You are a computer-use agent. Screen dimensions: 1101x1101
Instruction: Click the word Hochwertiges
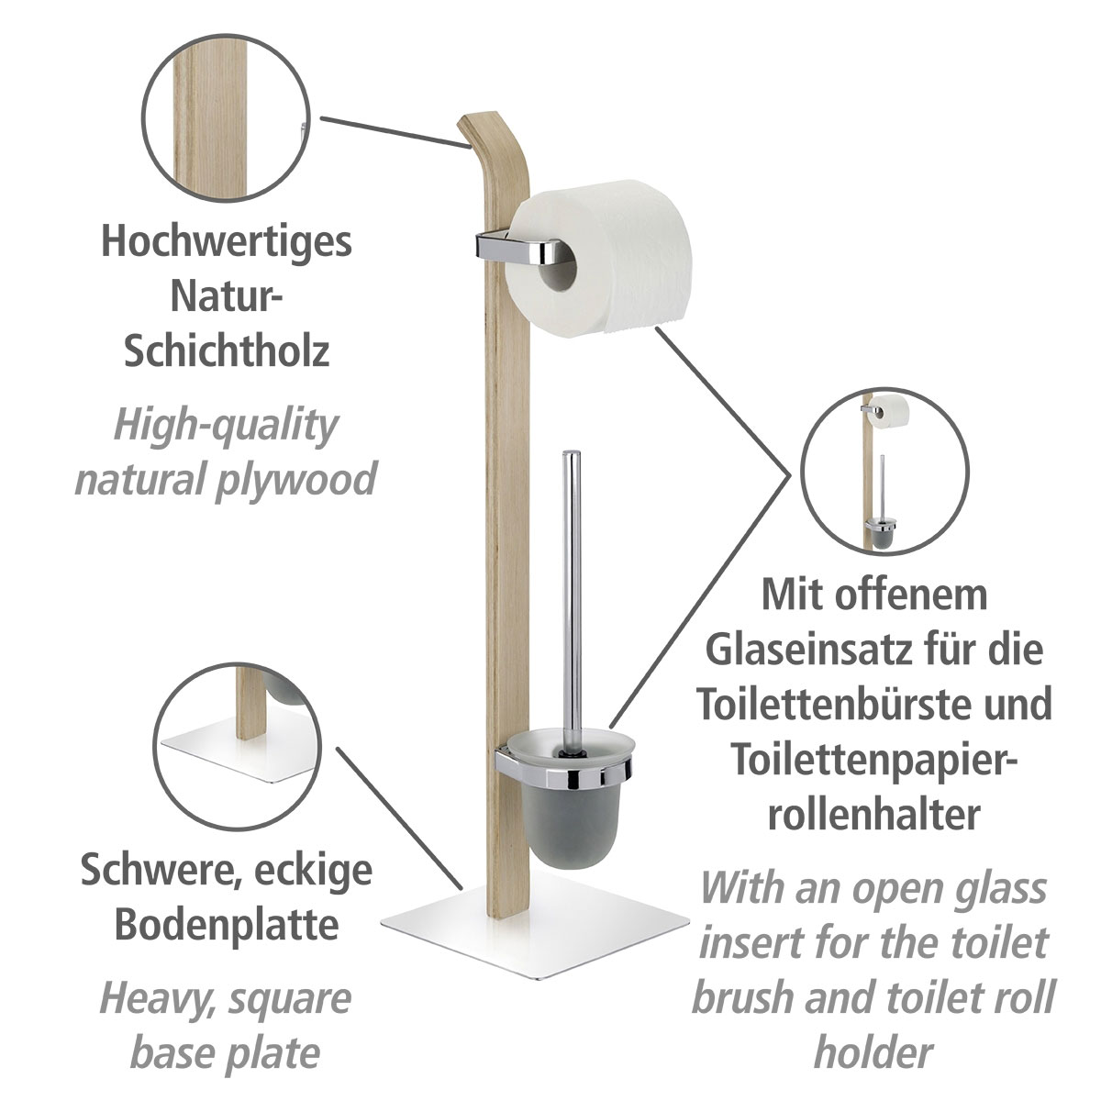tap(226, 242)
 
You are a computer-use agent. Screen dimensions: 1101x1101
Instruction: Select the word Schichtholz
tap(226, 351)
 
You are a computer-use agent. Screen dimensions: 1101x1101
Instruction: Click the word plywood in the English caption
tap(297, 478)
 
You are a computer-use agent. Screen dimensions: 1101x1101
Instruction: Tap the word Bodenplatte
tap(226, 926)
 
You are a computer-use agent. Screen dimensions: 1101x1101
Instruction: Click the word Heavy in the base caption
tap(151, 997)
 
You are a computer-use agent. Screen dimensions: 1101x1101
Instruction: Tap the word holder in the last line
tap(873, 1051)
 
